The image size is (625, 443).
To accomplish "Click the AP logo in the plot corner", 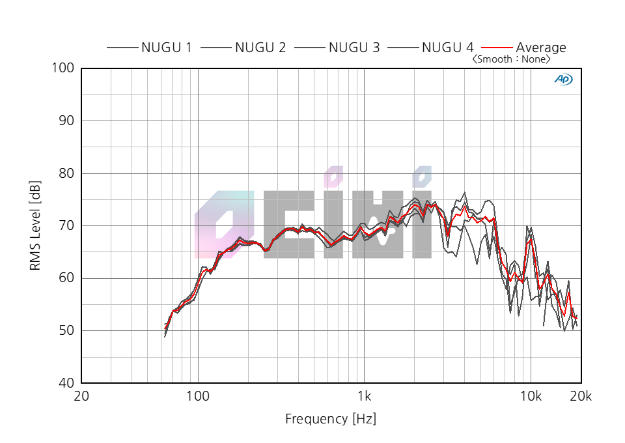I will coord(563,79).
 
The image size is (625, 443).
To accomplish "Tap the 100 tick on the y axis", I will coord(63,68).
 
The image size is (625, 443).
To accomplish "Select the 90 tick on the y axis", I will coord(66,121).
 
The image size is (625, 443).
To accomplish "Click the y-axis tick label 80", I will coord(66,173).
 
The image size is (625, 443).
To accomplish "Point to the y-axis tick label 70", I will coord(66,226).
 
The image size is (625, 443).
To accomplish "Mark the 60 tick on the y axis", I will coord(66,278).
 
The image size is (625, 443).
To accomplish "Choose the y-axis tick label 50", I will coord(66,331).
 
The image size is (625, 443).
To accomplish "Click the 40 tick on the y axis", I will coord(66,383).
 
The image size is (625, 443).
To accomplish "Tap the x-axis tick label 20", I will coord(81,397).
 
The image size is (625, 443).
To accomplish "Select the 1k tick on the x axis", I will coord(364,397).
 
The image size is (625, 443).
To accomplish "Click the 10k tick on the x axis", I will coord(531,397).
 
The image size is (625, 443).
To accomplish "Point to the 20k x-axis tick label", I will coord(581,397).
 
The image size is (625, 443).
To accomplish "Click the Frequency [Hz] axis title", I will coord(331,419).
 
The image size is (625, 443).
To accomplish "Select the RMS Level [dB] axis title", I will coord(36,225).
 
